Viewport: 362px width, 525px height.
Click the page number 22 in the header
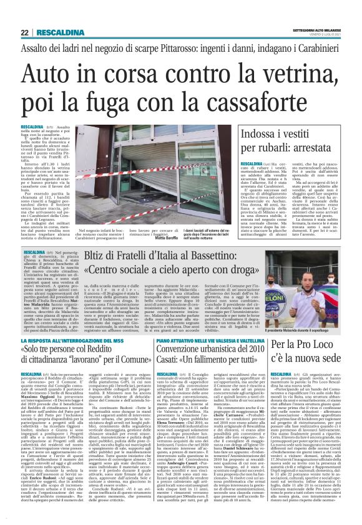click(x=24, y=32)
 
